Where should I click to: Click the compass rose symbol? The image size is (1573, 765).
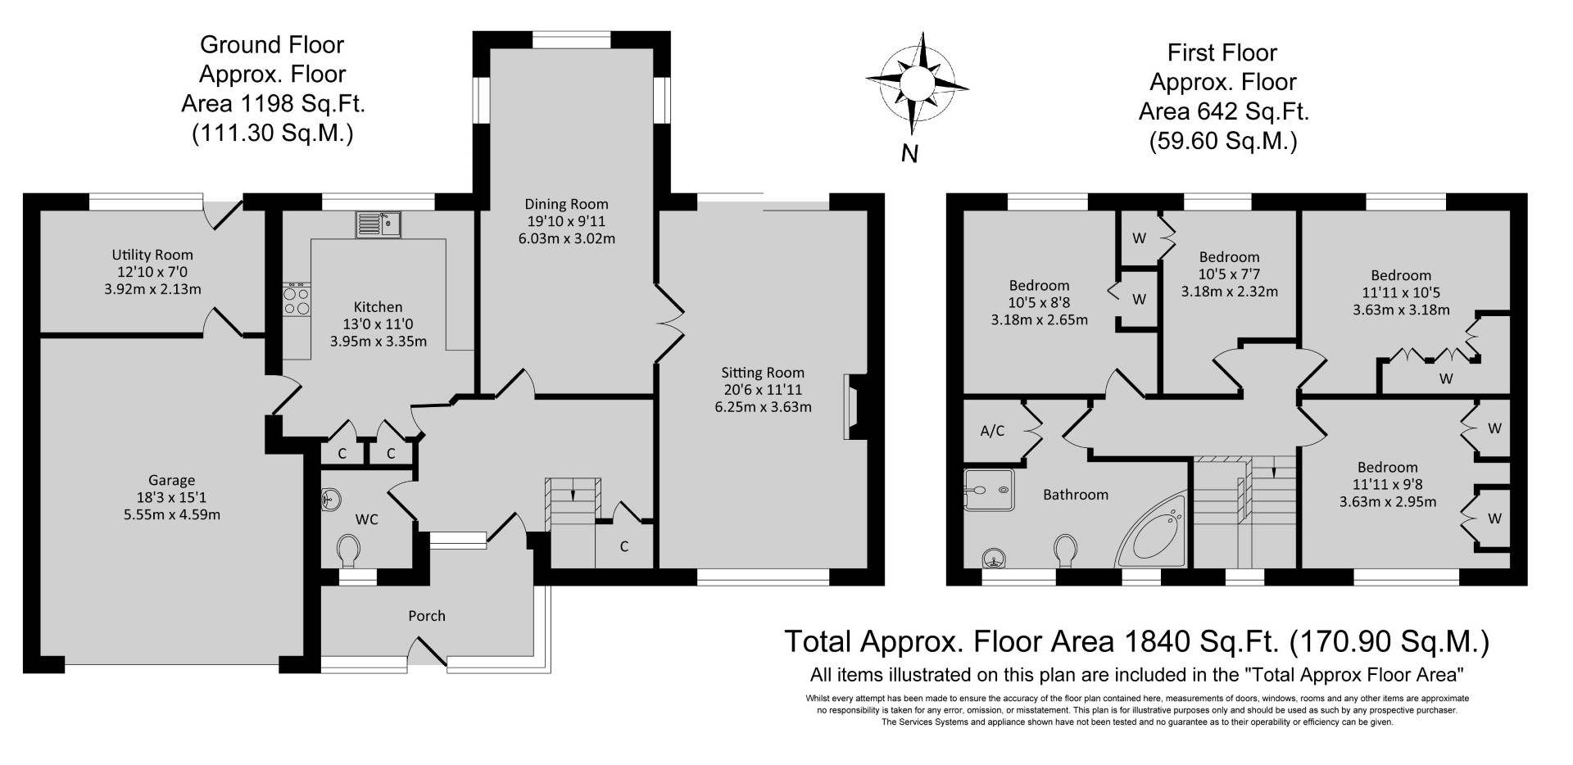pos(917,82)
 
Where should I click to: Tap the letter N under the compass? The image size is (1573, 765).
pos(909,153)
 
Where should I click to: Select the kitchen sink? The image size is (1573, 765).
pos(378,224)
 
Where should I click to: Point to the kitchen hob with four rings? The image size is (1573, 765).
pos(297,299)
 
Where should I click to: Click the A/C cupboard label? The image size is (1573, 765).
pos(992,431)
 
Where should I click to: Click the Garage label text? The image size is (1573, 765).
pos(171,481)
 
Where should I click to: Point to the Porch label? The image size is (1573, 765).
pos(427,616)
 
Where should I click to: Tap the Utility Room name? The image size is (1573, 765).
pos(153,255)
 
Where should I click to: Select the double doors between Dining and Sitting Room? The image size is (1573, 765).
pos(669,324)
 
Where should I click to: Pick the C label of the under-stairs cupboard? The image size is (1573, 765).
pos(624,546)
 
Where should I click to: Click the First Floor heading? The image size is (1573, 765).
pos(1222,53)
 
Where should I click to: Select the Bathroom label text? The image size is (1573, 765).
pos(1075,495)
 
